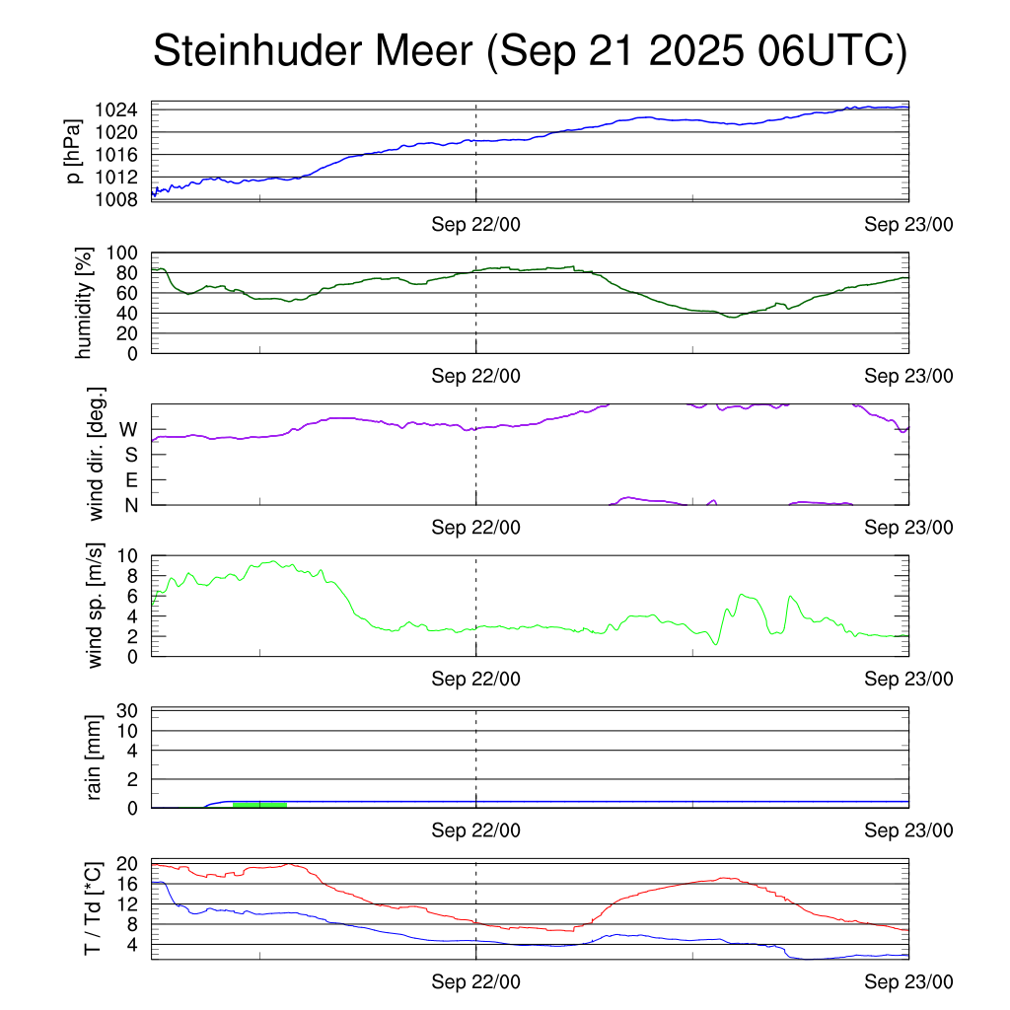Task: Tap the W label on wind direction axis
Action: (x=128, y=430)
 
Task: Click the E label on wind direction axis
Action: (x=130, y=479)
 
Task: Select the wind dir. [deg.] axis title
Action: (x=96, y=454)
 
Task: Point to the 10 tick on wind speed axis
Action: (x=128, y=555)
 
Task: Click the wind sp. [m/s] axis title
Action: (x=96, y=605)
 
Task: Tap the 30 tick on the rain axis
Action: (x=128, y=711)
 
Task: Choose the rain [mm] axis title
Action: (x=96, y=757)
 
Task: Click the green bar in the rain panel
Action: (x=259, y=805)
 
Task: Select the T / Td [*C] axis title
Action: (x=94, y=907)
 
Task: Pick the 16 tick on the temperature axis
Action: (x=128, y=884)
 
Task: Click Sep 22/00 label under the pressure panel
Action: (x=476, y=225)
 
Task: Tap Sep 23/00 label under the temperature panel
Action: (x=908, y=982)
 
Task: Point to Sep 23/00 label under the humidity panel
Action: (x=908, y=376)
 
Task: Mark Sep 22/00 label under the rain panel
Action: (x=476, y=830)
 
